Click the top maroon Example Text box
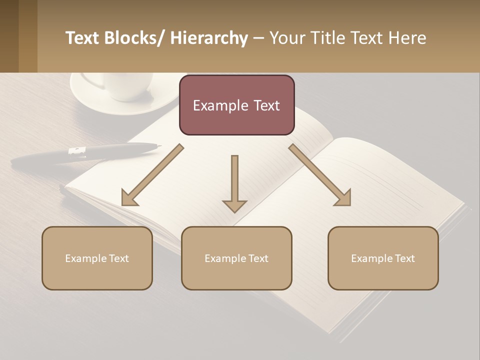click(236, 105)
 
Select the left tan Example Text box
click(97, 258)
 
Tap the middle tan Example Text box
click(236, 258)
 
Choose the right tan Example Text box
click(383, 258)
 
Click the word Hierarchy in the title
click(209, 38)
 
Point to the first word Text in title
click(82, 38)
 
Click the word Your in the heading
click(286, 38)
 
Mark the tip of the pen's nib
click(160, 146)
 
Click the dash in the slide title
click(258, 38)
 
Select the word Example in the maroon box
click(214, 105)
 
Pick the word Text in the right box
click(404, 258)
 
